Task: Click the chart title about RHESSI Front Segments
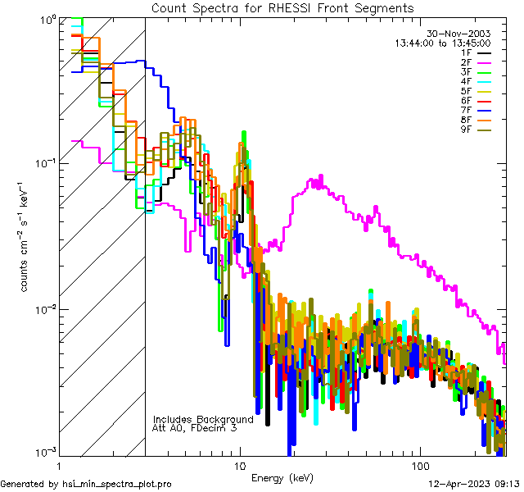(282, 7)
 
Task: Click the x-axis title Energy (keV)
(282, 478)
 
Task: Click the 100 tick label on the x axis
(418, 465)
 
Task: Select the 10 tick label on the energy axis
(239, 465)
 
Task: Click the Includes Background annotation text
(203, 419)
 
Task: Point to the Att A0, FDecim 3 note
(195, 428)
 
